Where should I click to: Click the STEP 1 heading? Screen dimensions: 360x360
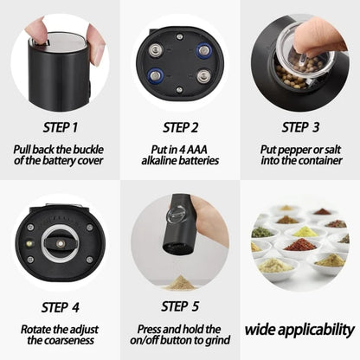(x=59, y=127)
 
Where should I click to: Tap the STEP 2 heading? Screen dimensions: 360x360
(x=179, y=127)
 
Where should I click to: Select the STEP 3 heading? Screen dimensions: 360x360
(x=299, y=127)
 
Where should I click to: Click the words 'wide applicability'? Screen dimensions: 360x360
(x=299, y=329)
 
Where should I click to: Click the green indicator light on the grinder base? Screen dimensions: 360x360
(x=28, y=245)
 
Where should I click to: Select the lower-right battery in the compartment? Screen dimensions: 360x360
(x=203, y=76)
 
